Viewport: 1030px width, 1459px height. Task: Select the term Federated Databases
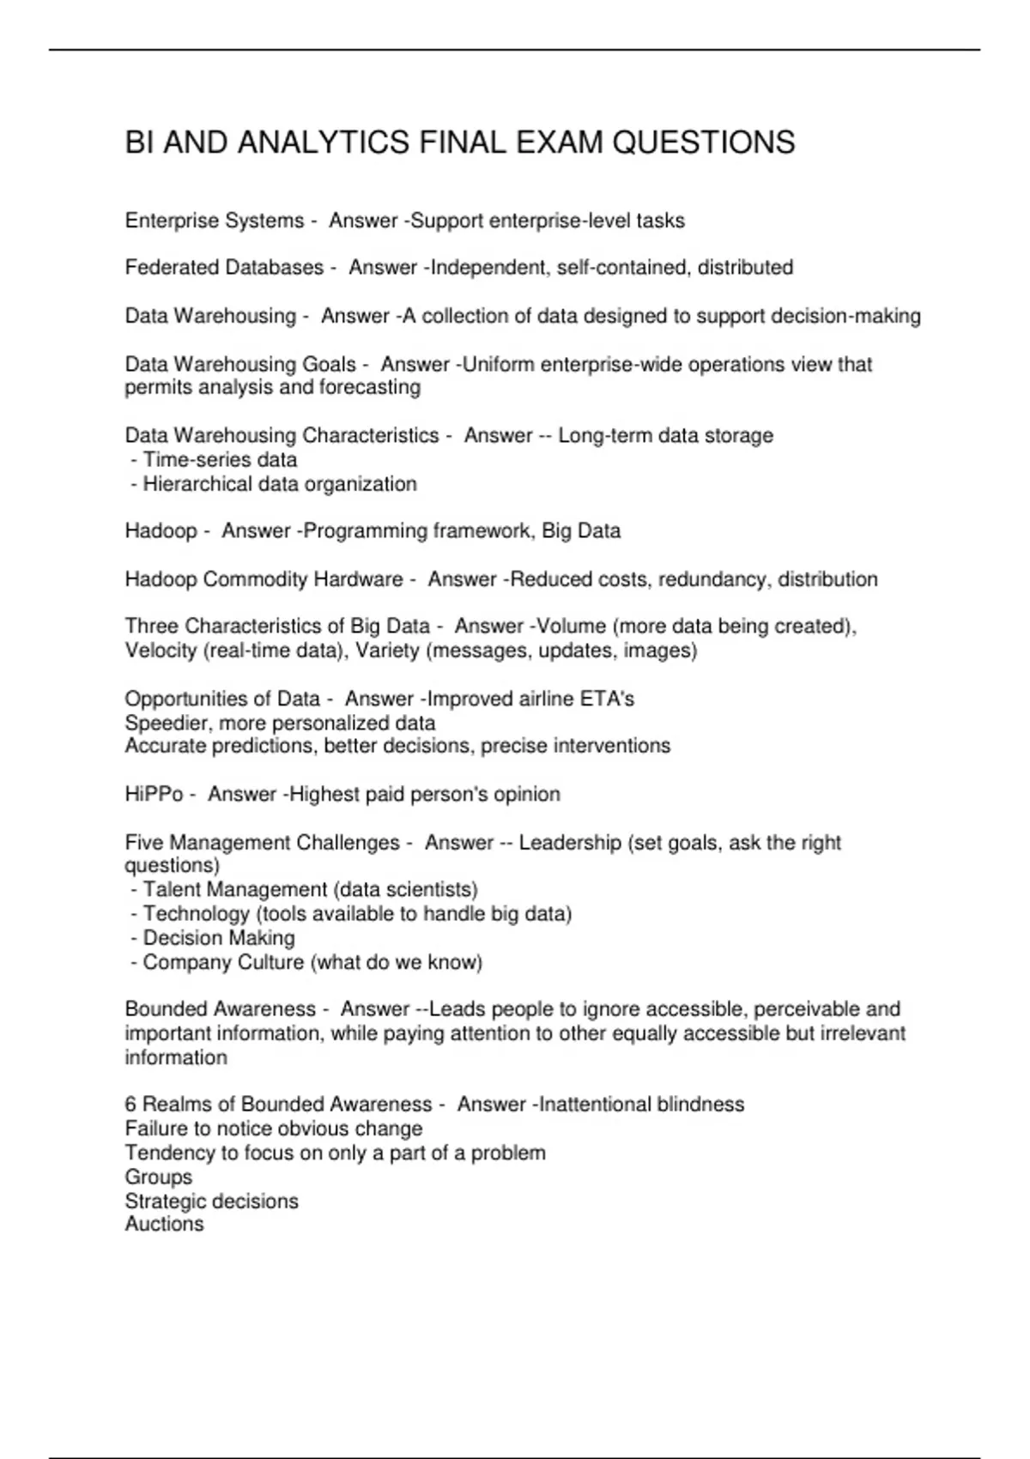pyautogui.click(x=224, y=268)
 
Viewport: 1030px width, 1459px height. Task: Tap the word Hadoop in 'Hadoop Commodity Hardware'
pyautogui.click(x=161, y=579)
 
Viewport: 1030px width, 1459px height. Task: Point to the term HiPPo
pyautogui.click(x=154, y=795)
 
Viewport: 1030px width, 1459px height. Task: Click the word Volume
pyautogui.click(x=572, y=627)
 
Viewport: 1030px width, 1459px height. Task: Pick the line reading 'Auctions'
pyautogui.click(x=164, y=1224)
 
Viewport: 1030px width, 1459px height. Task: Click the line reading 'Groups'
pyautogui.click(x=158, y=1177)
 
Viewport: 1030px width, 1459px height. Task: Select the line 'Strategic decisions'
pyautogui.click(x=211, y=1201)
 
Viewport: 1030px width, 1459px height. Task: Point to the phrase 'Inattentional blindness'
pyautogui.click(x=641, y=1105)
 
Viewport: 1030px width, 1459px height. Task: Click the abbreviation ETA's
pyautogui.click(x=607, y=699)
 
